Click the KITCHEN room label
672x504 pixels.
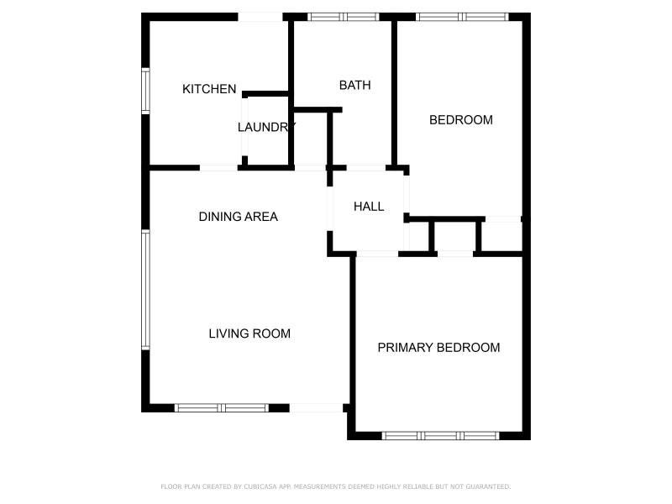[x=209, y=89]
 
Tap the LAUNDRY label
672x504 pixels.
[x=265, y=128]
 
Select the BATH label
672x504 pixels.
[x=354, y=85]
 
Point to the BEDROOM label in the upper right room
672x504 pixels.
[x=460, y=120]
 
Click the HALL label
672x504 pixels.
[x=369, y=207]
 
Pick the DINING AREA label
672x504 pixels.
[x=238, y=217]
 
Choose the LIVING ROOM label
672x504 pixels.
[x=249, y=333]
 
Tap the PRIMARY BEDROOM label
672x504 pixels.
[x=438, y=348]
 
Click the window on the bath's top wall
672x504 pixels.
[x=343, y=16]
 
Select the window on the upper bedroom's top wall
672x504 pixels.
[x=462, y=16]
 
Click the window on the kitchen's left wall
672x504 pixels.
[x=145, y=91]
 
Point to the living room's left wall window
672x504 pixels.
[x=145, y=290]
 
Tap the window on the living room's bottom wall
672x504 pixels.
[x=222, y=408]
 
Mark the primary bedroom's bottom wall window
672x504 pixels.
[x=440, y=436]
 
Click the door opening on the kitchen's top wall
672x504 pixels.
[x=260, y=17]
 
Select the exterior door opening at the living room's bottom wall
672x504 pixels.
[x=317, y=408]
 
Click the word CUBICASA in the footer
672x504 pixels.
[x=254, y=486]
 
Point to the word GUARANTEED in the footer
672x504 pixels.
[x=488, y=486]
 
